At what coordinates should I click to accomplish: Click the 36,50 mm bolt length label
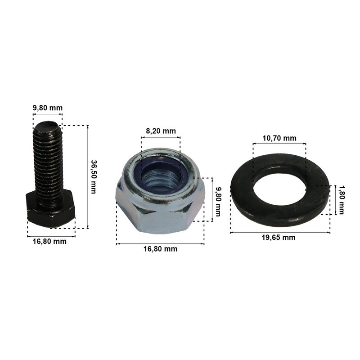point(94,177)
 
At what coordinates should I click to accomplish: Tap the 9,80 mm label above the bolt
point(48,108)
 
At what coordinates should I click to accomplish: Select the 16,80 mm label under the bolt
point(49,241)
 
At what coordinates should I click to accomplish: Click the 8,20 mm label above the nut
point(161,131)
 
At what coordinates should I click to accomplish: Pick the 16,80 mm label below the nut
point(161,249)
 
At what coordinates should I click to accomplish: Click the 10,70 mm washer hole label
point(279,138)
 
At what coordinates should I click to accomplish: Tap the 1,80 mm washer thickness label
point(342,200)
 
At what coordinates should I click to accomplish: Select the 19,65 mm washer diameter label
point(279,238)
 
